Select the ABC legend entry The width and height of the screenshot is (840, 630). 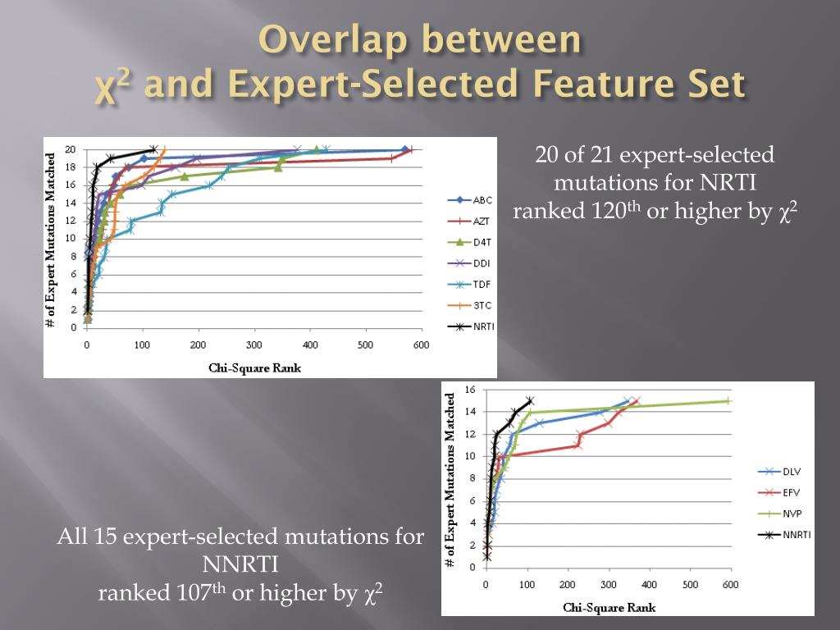point(471,199)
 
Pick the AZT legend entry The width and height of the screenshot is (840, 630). point(471,221)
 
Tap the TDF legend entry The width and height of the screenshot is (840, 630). point(471,284)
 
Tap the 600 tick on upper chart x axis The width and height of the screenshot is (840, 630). point(420,345)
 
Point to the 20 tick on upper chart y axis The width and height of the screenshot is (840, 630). point(71,149)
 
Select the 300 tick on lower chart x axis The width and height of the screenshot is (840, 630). point(608,585)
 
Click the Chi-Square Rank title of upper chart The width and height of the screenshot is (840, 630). point(254,367)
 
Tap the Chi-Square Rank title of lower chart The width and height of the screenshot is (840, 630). point(609,608)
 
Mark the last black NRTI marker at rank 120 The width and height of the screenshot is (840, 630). point(153,149)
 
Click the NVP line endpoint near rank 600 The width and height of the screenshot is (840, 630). point(728,401)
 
